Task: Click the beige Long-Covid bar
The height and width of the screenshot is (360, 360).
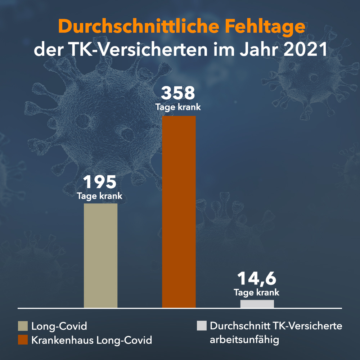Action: [x=100, y=256]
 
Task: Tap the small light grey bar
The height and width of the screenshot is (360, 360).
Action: [x=257, y=304]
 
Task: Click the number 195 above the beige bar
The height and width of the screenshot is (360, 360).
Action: [x=100, y=183]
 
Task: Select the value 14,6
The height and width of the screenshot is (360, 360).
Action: [x=257, y=279]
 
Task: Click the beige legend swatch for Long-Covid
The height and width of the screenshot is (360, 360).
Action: [x=23, y=327]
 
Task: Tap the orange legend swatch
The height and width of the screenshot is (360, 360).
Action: [x=23, y=339]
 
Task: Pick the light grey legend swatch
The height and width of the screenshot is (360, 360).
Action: [x=202, y=326]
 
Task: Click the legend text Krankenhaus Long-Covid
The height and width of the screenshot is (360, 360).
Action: [x=91, y=340]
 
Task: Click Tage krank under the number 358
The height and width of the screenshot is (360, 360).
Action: [x=178, y=107]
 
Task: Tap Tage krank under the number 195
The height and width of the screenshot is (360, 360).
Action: [x=100, y=197]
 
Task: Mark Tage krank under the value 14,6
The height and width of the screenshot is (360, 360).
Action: [x=257, y=293]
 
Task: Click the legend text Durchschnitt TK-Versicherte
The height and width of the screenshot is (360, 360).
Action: [x=276, y=327]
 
